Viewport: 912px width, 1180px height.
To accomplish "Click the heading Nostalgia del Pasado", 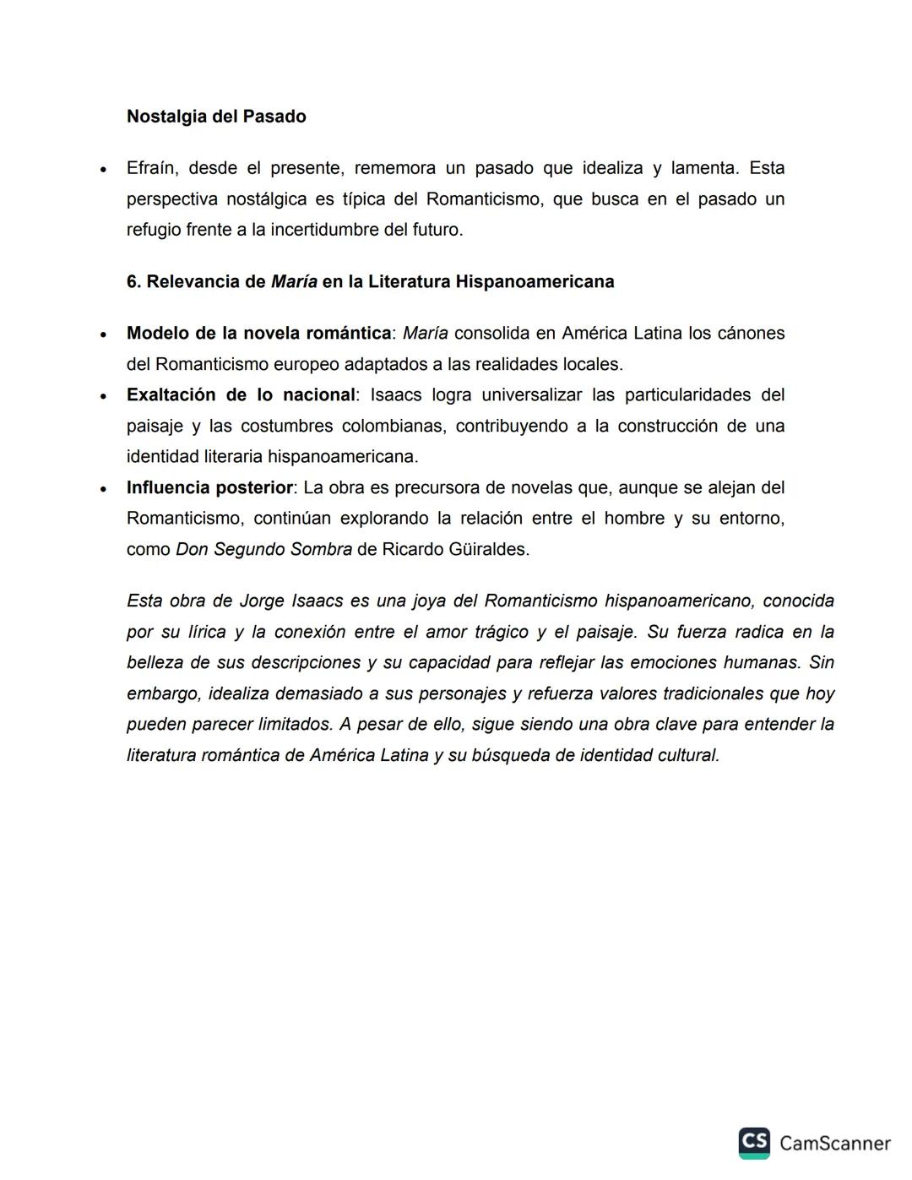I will click(216, 117).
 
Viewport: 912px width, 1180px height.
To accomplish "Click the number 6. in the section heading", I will click(134, 281).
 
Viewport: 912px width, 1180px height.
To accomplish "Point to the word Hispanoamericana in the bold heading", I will click(535, 281).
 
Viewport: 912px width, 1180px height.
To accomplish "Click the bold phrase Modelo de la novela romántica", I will click(258, 333).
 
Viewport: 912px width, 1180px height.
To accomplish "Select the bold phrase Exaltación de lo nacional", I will click(241, 394).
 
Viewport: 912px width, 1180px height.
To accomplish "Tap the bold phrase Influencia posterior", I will click(209, 487).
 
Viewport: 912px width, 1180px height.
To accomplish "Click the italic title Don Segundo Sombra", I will click(263, 549).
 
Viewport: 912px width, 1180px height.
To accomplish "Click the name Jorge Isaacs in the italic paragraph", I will click(290, 601).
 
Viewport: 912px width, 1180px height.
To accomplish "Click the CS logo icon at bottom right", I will click(753, 1142).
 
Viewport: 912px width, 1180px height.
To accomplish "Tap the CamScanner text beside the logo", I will click(834, 1143).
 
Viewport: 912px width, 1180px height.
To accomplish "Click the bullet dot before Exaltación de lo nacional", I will click(103, 396).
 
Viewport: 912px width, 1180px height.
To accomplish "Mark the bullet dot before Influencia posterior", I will click(103, 489).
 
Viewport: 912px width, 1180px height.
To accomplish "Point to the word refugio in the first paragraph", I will click(154, 230).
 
